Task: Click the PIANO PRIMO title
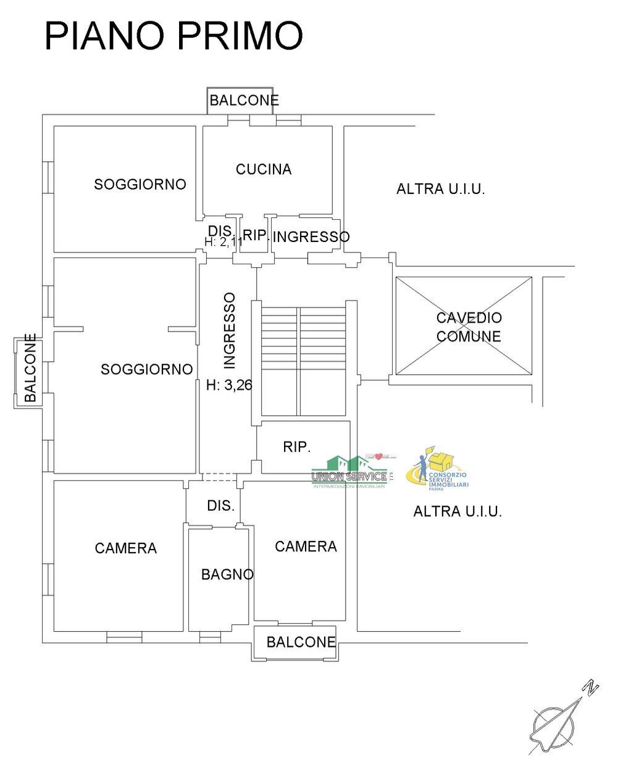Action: (173, 36)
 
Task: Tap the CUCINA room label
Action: (264, 169)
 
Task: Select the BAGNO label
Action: (227, 574)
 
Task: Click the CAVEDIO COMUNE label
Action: (469, 327)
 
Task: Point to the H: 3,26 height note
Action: (229, 385)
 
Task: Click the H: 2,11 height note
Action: (224, 242)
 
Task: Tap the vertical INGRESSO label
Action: (229, 330)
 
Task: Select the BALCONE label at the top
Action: (244, 100)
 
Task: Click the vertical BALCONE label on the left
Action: (30, 368)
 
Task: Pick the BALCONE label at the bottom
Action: (301, 642)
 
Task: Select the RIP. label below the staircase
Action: (297, 447)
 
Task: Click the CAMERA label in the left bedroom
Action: (126, 548)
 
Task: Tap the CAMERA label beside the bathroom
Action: (306, 546)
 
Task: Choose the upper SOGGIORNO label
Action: (140, 184)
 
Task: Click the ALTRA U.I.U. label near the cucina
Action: (441, 189)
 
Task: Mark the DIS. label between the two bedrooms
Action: (220, 506)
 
